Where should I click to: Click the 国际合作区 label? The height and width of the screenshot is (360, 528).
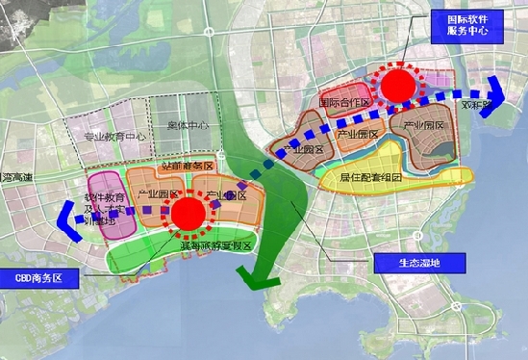pos(343,101)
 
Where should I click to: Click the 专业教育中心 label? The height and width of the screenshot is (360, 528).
pos(115,137)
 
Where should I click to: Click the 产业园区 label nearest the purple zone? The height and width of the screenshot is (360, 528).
pos(161,195)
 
